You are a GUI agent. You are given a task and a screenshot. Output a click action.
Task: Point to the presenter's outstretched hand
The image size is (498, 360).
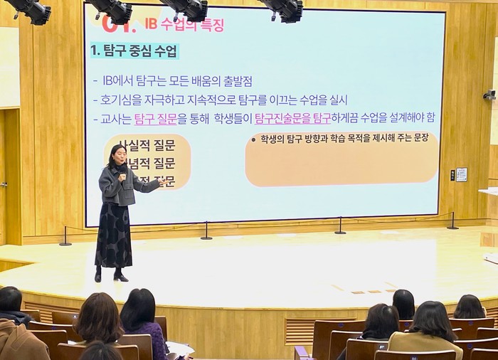click(163, 183)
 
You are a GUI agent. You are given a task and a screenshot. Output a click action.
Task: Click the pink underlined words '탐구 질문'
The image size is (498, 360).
click(155, 118)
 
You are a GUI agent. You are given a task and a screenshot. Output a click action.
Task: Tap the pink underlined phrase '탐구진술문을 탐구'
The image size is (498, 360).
click(292, 118)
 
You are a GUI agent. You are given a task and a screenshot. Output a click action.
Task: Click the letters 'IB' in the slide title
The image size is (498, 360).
click(150, 25)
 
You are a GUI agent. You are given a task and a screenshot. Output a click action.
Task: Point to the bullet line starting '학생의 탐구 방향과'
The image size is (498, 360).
click(342, 138)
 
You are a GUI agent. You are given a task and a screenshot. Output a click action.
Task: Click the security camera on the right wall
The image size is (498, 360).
click(489, 95)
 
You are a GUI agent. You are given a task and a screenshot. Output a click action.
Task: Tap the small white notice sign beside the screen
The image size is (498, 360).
click(461, 174)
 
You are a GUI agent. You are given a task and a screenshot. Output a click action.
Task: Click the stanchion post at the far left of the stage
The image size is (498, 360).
click(65, 237)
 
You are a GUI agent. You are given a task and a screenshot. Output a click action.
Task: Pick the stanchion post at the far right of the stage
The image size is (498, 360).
click(452, 222)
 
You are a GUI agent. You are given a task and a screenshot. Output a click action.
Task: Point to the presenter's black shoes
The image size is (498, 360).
click(110, 275)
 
